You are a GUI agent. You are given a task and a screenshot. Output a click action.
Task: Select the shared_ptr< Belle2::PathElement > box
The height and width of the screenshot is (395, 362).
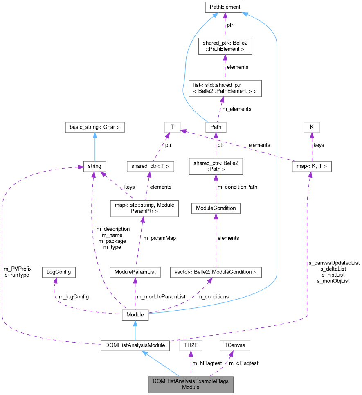[x=224, y=46]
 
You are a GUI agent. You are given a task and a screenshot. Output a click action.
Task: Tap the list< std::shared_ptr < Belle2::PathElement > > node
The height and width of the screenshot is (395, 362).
[x=225, y=88]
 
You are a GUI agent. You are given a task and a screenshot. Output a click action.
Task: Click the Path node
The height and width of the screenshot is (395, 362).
[x=216, y=127]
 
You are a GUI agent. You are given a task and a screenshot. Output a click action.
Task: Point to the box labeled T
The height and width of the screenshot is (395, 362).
[x=172, y=127]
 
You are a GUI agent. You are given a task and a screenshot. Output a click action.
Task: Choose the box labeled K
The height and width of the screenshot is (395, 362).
[x=312, y=127]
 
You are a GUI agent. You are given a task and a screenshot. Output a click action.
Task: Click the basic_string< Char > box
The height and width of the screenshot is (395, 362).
[x=95, y=127]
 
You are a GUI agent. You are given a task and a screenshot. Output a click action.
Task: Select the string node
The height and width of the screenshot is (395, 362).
[x=95, y=166]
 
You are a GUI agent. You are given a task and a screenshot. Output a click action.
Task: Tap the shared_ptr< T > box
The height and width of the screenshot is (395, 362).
[x=151, y=166]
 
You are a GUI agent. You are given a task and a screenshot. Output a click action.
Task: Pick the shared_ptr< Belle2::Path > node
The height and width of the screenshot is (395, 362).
[x=216, y=166]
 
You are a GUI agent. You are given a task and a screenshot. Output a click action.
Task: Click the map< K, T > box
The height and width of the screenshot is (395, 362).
[x=312, y=166]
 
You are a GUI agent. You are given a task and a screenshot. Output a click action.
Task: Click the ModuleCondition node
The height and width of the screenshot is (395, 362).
[x=216, y=208]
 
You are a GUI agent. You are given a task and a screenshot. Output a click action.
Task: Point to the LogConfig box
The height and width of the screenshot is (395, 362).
[x=59, y=272]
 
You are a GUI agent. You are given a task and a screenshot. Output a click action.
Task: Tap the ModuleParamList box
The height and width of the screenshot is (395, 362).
[x=135, y=272]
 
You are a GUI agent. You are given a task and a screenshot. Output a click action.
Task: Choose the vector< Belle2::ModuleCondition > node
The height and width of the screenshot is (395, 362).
[x=216, y=272]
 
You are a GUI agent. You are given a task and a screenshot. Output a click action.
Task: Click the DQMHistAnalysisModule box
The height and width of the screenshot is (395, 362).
[x=135, y=345]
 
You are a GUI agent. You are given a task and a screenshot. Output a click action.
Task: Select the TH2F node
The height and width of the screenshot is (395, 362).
[x=191, y=345]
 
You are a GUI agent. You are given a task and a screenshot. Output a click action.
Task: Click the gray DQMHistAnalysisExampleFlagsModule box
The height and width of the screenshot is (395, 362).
[x=191, y=384]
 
